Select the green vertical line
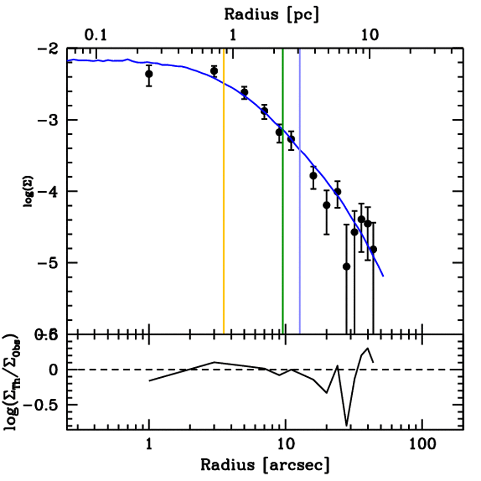coord(283,235)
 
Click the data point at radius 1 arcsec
coord(149,74)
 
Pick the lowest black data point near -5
coord(347,266)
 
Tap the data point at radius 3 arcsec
coord(214,71)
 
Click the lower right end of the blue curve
coord(383,276)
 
